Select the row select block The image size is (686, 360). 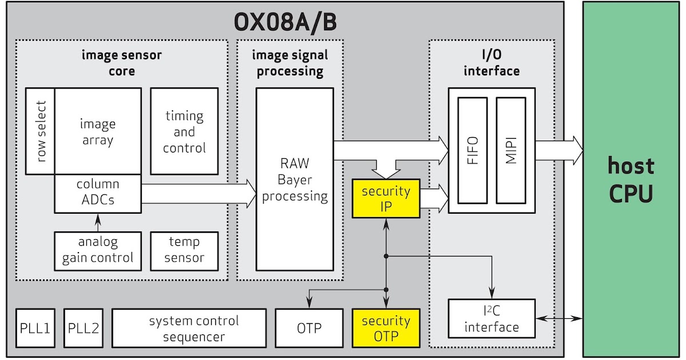41,131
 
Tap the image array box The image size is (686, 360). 98,131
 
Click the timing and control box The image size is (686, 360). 184,131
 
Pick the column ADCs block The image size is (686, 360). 98,193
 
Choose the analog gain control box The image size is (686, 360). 98,250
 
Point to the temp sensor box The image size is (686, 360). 184,250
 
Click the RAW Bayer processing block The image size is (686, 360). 294,180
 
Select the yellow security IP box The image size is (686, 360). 386,198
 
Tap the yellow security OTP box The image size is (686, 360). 386,328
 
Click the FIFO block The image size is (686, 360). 472,150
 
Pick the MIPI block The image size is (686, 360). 510,150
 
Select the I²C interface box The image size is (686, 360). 492,318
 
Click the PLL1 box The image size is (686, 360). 35,328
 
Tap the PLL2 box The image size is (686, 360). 83,328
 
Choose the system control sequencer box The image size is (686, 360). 189,328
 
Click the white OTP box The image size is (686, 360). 309,328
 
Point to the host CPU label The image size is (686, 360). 631,180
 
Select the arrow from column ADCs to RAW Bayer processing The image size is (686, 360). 197,193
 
